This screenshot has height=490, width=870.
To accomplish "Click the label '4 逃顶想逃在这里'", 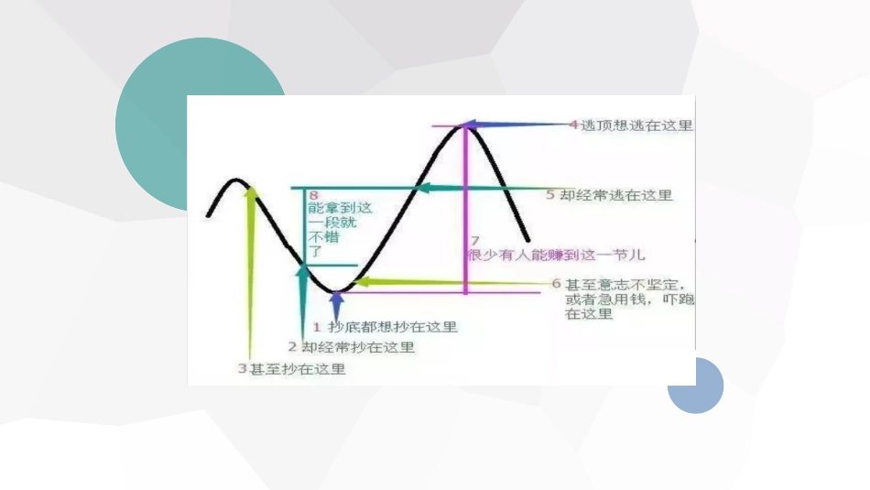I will [631, 125].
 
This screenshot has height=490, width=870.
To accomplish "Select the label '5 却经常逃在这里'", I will [609, 195].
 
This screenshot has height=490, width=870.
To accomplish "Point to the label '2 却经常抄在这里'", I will [352, 347].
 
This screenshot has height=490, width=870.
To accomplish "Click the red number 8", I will [314, 196].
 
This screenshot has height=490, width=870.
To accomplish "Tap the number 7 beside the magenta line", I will [474, 241].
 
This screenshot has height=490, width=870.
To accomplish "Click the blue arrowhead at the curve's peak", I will [469, 125].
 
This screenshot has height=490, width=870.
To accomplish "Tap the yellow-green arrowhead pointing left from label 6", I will [361, 282].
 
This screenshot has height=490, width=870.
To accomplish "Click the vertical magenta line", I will [466, 211].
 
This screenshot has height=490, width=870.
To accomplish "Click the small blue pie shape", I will [697, 386].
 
